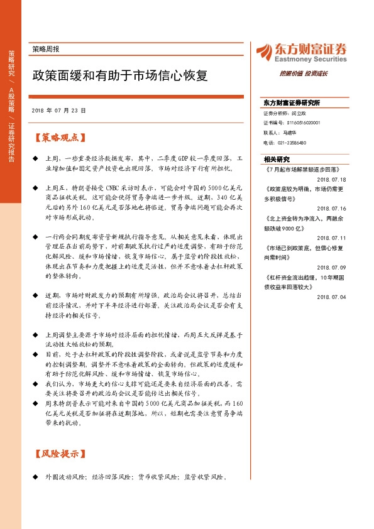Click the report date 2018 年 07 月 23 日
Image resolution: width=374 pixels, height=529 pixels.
click(58, 110)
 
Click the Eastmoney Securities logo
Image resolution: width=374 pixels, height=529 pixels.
click(301, 52)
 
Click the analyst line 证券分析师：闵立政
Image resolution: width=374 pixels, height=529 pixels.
click(284, 114)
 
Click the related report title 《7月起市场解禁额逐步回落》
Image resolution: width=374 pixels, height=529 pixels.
click(302, 170)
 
